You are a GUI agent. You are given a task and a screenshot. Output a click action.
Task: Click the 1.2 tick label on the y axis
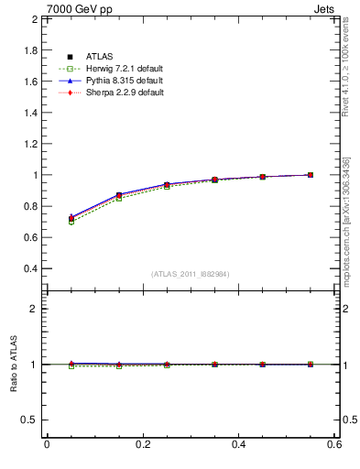pyautogui.click(x=29, y=144)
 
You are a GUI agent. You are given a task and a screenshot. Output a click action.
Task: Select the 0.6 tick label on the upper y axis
pyautogui.click(x=29, y=237)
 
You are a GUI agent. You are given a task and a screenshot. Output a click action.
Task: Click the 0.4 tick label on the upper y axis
pyautogui.click(x=29, y=268)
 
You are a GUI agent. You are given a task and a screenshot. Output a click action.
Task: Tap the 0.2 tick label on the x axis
pyautogui.click(x=142, y=444)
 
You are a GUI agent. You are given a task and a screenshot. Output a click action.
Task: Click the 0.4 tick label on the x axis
pyautogui.click(x=238, y=444)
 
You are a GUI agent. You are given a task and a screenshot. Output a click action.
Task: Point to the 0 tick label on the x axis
pyautogui.click(x=47, y=444)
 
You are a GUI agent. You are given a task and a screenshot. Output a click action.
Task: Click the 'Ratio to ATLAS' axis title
pyautogui.click(x=13, y=365)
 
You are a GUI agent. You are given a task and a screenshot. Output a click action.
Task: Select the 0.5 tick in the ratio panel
pyautogui.click(x=29, y=420)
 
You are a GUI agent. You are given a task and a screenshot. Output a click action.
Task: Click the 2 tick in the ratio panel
pyautogui.click(x=33, y=309)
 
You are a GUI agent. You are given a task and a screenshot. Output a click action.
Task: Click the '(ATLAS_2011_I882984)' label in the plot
pyautogui.click(x=191, y=274)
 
